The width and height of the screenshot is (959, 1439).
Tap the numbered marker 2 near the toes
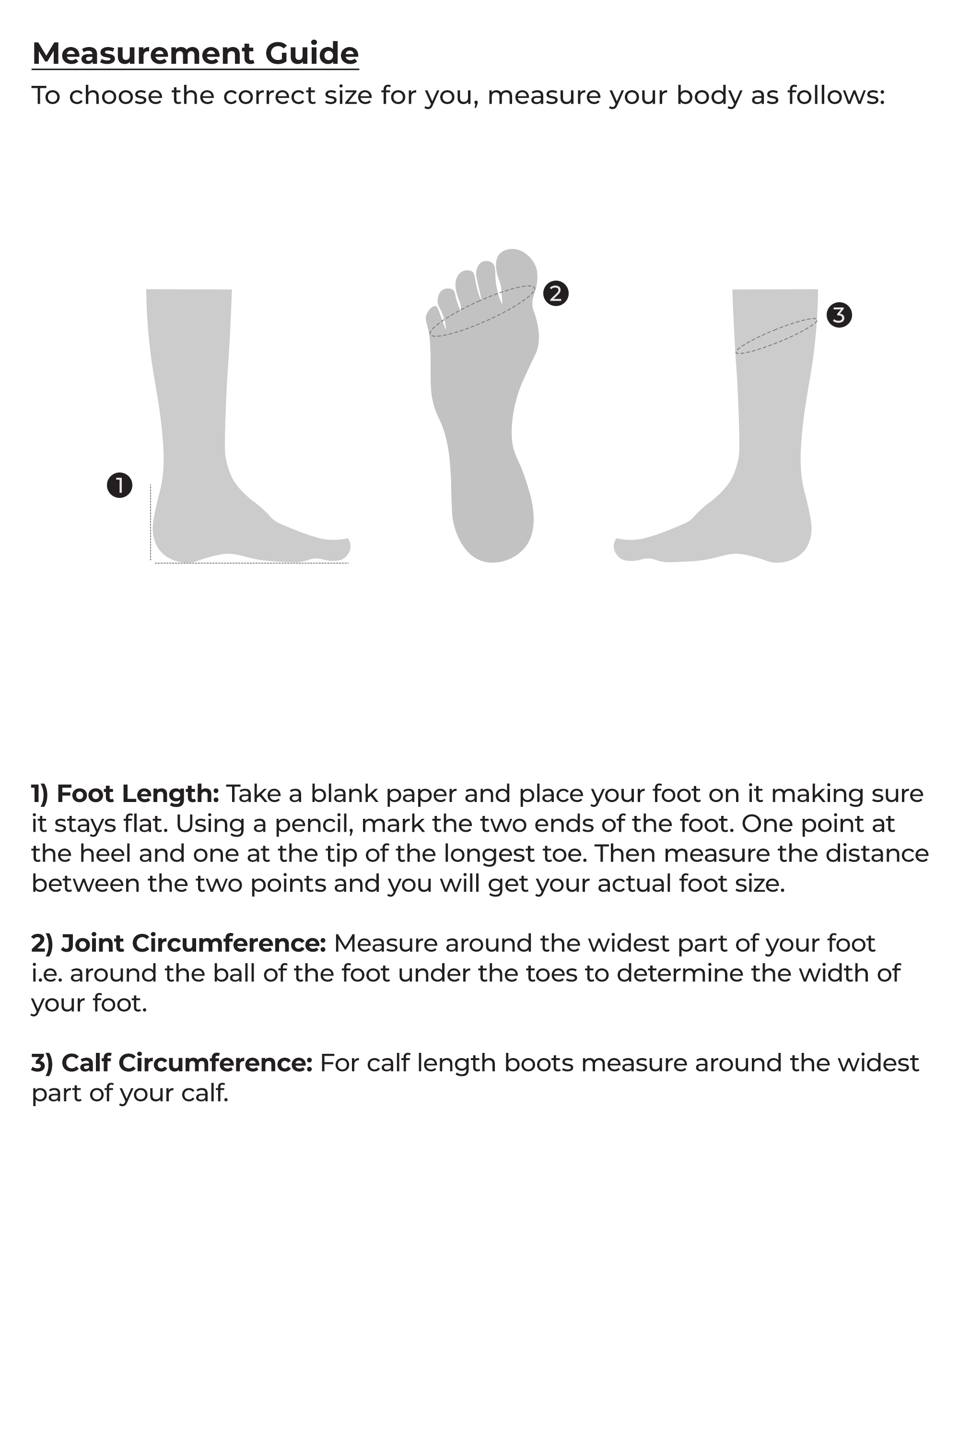(x=555, y=293)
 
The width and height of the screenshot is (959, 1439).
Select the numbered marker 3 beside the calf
(x=839, y=315)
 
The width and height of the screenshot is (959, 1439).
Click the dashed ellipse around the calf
(x=775, y=336)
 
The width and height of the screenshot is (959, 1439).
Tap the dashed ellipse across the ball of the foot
(x=481, y=311)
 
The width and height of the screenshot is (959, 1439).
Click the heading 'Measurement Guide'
(x=195, y=53)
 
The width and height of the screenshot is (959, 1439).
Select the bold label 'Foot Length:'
(x=138, y=793)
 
